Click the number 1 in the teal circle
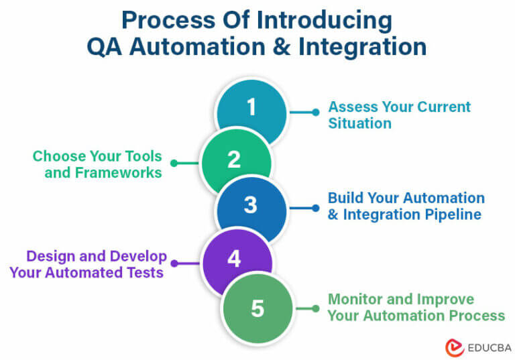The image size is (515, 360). (251, 107)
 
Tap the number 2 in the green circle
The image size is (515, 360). (234, 160)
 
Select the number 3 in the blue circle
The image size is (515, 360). (250, 205)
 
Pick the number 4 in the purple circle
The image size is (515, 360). (234, 259)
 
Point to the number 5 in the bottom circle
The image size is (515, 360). (257, 308)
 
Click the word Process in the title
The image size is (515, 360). (168, 20)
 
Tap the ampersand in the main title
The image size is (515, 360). (282, 46)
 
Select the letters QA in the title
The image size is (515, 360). (105, 46)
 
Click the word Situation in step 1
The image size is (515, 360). (360, 123)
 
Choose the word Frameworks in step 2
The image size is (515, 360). (119, 173)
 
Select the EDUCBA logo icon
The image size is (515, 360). (455, 348)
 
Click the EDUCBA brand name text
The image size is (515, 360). (490, 348)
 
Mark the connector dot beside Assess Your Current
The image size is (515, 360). (316, 113)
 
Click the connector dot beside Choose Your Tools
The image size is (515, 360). (174, 163)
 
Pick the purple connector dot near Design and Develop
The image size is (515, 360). (174, 263)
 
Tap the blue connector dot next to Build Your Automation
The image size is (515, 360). (316, 208)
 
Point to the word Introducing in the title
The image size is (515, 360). (325, 21)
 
